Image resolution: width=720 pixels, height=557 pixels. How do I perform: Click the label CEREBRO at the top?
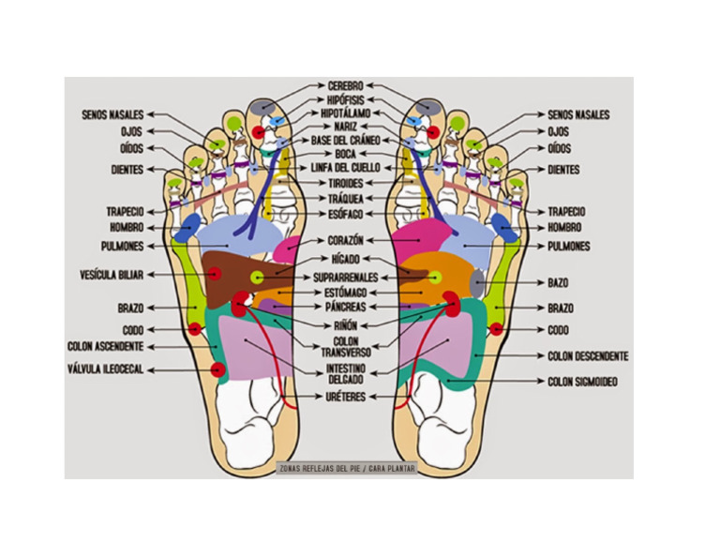click(345, 86)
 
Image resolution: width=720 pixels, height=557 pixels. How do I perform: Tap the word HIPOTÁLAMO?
click(345, 113)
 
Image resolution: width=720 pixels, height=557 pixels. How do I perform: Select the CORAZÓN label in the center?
click(345, 241)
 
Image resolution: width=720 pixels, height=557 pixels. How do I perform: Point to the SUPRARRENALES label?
click(345, 278)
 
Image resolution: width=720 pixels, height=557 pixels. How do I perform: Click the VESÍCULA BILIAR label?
click(112, 275)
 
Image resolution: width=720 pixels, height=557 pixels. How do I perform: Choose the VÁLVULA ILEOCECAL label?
click(106, 369)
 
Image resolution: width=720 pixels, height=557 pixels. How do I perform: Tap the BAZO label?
click(558, 283)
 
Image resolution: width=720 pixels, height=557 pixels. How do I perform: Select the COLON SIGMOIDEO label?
click(582, 382)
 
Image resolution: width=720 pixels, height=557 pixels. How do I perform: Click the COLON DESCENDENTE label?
click(588, 356)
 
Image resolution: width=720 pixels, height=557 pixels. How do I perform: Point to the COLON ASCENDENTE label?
click(106, 346)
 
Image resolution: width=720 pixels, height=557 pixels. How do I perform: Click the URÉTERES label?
click(345, 397)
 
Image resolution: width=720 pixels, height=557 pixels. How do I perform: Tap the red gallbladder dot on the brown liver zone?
click(214, 274)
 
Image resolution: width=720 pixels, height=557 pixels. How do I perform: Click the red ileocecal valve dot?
click(218, 369)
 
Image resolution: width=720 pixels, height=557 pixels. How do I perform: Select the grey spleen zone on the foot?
click(478, 283)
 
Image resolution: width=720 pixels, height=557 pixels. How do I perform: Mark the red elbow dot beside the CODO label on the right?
click(496, 329)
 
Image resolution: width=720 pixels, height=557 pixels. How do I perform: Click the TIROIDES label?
click(345, 183)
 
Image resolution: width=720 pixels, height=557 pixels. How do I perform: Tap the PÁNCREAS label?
click(345, 307)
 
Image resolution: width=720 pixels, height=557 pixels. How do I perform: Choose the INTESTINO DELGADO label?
click(345, 374)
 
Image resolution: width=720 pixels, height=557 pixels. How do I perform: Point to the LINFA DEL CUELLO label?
click(345, 168)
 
